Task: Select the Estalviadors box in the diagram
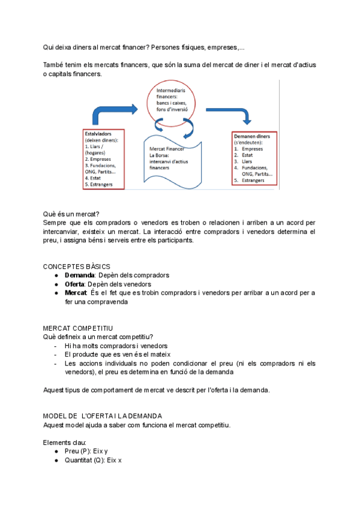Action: pos(104,158)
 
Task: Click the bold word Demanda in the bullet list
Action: pos(79,275)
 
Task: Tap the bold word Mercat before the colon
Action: pos(76,293)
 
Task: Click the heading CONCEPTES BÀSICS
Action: pos(77,267)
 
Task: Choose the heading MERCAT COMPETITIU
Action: pos(78,328)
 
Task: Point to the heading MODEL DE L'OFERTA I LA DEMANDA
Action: pos(102,416)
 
